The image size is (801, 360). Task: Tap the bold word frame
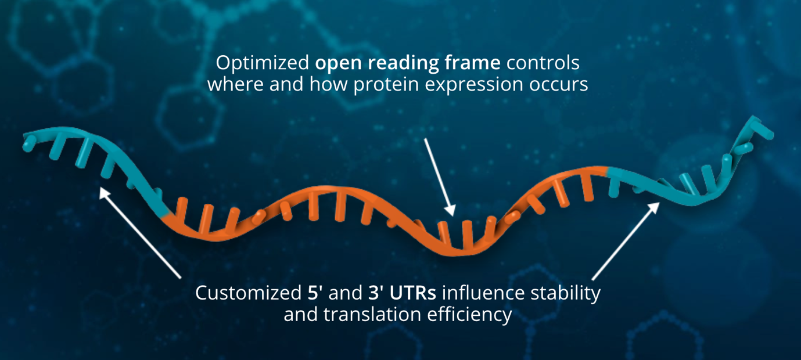coord(473,63)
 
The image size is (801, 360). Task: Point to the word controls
coord(543,63)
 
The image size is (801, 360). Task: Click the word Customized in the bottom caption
coord(249,293)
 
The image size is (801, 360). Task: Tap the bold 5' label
coord(315,293)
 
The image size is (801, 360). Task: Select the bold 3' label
coord(376,293)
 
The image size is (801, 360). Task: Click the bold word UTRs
coord(412,293)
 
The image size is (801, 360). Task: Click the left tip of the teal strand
coord(26,144)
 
